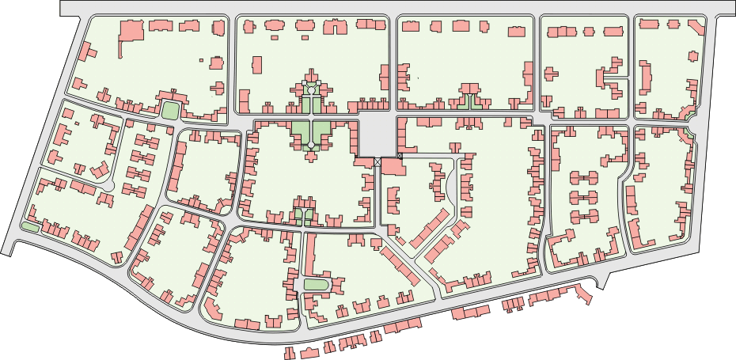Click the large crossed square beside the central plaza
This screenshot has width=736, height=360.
click(378, 161)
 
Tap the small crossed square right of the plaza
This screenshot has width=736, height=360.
click(400, 157)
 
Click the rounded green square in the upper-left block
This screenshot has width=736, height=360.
click(169, 111)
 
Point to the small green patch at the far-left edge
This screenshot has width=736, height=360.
click(30, 228)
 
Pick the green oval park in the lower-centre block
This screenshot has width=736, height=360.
click(315, 285)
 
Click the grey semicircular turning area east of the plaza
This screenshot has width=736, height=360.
click(452, 187)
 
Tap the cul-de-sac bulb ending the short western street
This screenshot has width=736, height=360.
click(110, 185)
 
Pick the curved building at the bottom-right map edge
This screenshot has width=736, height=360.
click(585, 294)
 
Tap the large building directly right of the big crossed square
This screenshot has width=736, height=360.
click(392, 169)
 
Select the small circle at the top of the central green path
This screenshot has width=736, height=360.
click(312, 90)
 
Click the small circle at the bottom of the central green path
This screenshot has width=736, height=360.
click(312, 146)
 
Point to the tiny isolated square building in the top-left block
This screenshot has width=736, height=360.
click(201, 59)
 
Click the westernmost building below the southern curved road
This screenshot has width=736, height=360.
click(290, 353)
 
